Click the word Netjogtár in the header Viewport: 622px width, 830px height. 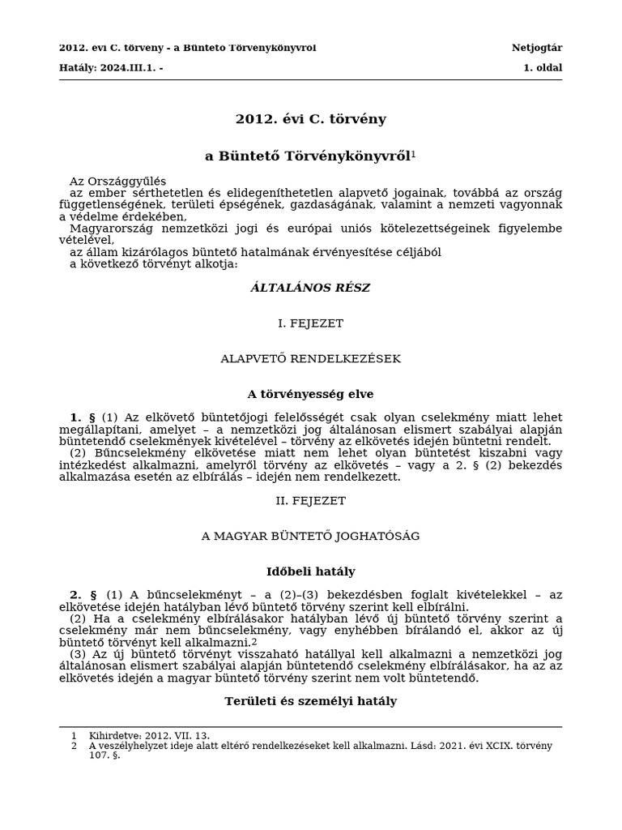(536, 48)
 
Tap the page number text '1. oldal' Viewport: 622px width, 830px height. (542, 68)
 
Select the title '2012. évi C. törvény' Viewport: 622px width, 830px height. (310, 119)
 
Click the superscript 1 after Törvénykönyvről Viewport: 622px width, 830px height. (413, 153)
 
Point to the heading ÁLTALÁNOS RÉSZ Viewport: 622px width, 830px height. (310, 288)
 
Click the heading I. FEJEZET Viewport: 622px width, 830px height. (310, 323)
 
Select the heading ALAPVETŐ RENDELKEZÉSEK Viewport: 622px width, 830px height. (310, 358)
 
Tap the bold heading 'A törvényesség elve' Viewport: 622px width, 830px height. (310, 394)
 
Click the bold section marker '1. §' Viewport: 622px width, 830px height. (82, 417)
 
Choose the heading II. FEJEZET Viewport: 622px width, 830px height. (310, 501)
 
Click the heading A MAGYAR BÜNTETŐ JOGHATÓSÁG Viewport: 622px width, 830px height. (310, 536)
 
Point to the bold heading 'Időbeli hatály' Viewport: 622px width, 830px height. (310, 571)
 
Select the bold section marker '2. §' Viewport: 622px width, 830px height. (82, 595)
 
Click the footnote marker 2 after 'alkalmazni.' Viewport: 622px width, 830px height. (254, 641)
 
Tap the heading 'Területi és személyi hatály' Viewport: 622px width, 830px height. (310, 701)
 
